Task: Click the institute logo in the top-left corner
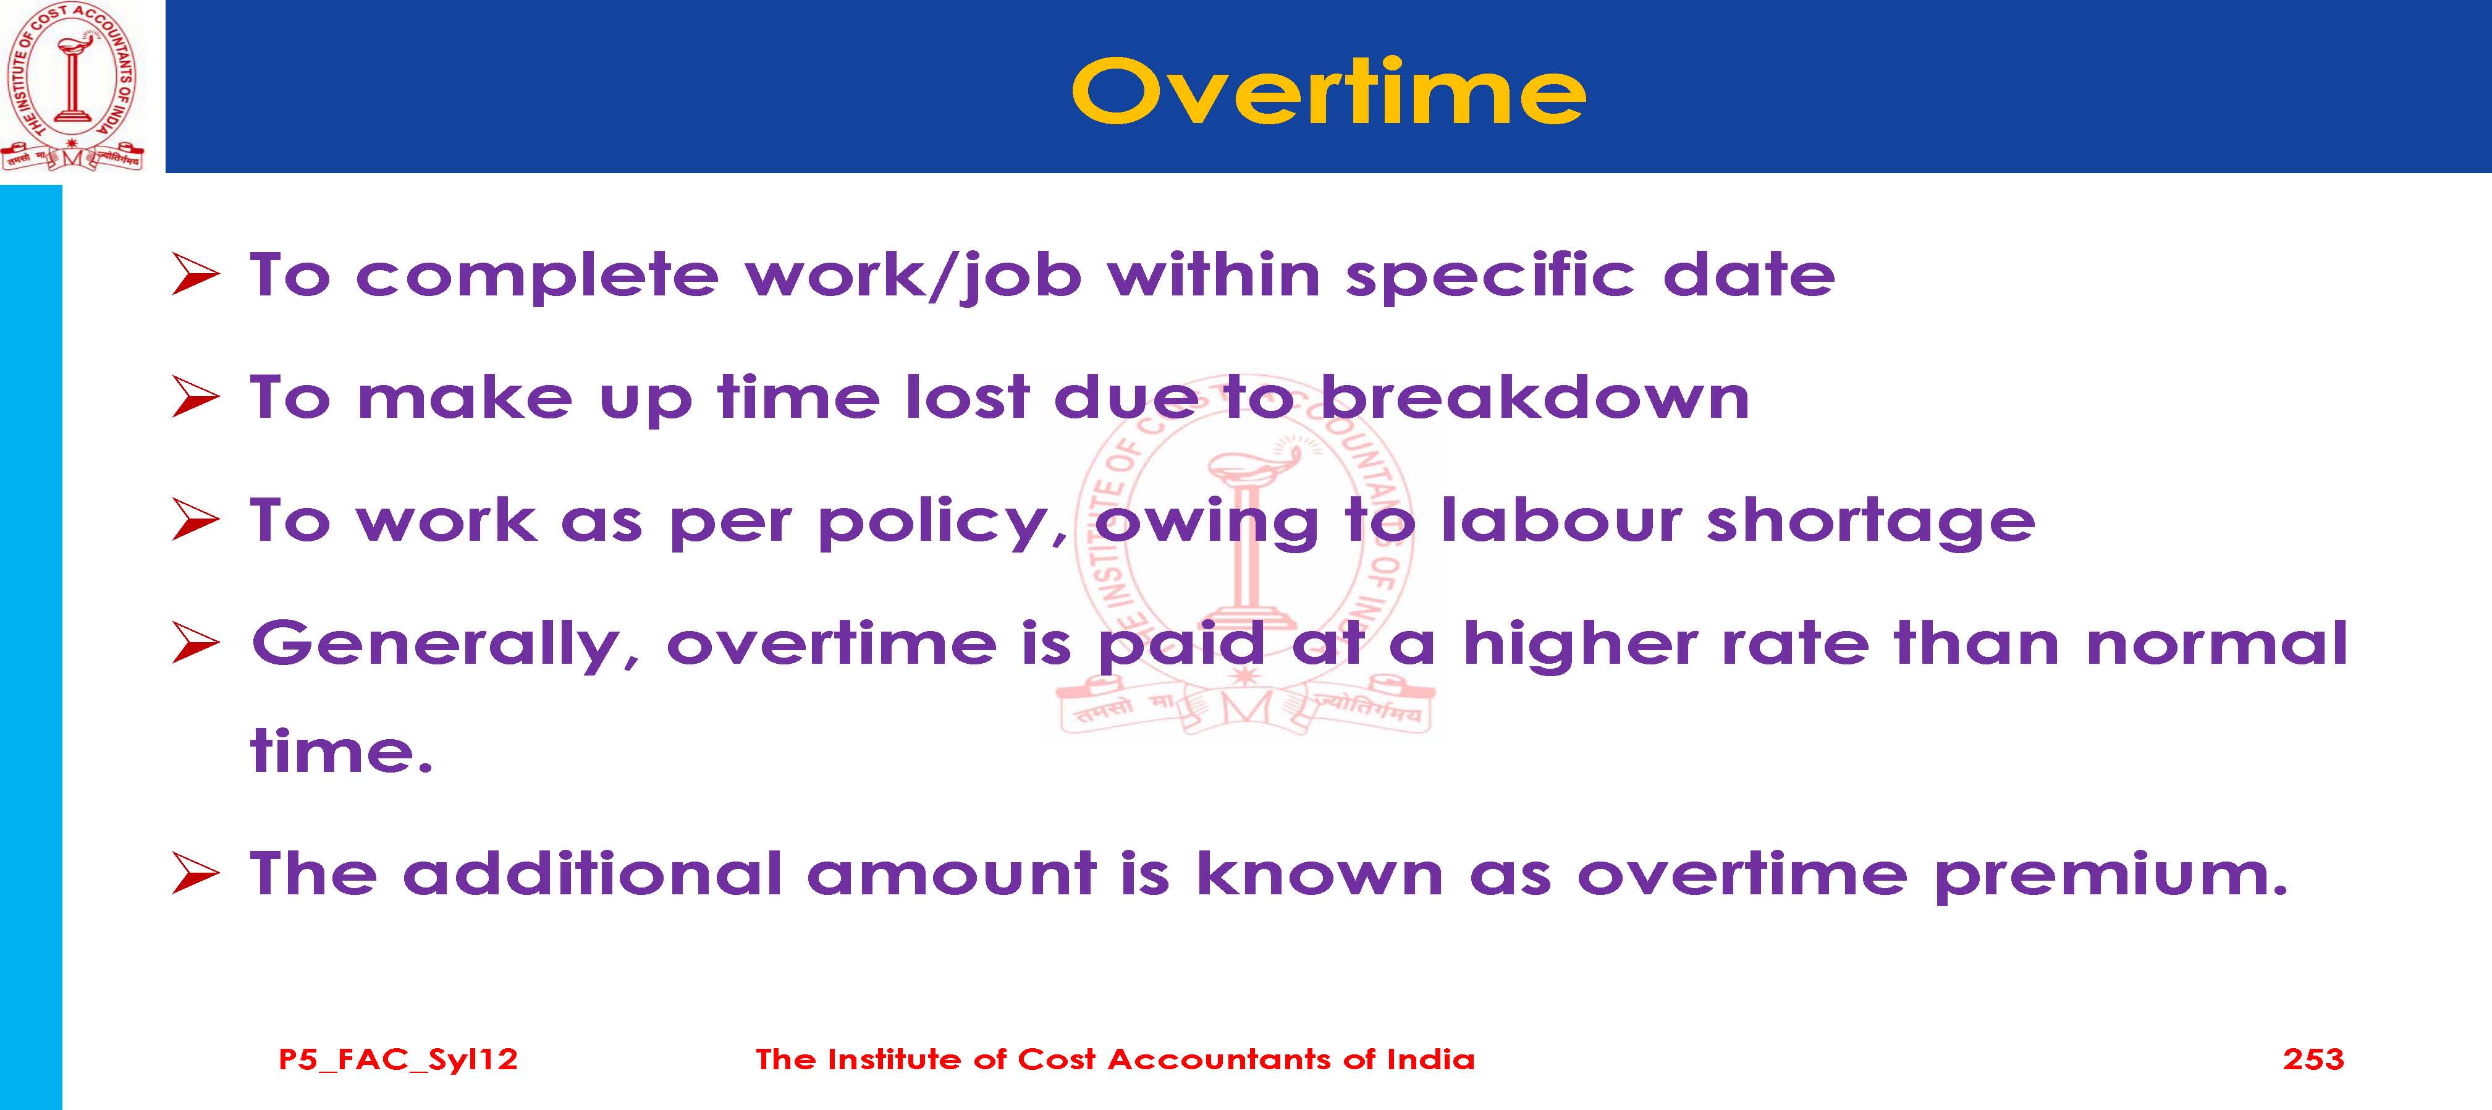[72, 87]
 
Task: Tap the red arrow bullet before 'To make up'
[195, 399]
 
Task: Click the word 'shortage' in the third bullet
[1871, 520]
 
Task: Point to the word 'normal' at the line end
[2217, 643]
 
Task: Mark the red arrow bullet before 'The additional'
[195, 875]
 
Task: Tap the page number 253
[2313, 1059]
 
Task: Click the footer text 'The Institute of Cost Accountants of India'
[1115, 1059]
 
